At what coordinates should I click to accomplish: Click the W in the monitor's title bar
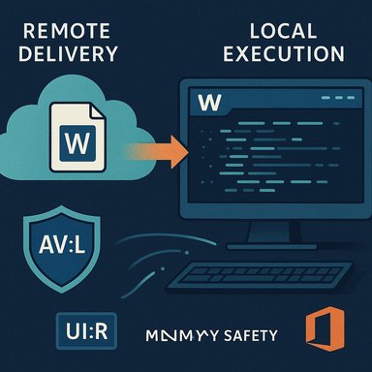[x=205, y=101]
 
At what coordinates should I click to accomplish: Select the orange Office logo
[x=321, y=329]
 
